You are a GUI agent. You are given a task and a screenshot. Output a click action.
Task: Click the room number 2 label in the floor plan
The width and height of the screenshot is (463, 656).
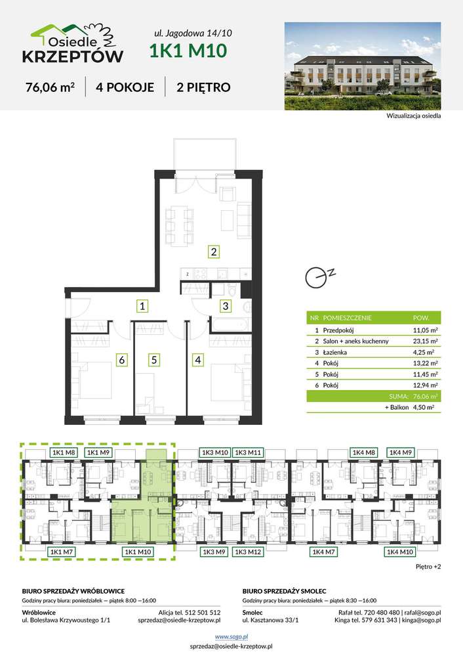click(x=214, y=252)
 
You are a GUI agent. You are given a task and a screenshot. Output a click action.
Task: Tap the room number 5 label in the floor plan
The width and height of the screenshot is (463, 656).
click(x=154, y=360)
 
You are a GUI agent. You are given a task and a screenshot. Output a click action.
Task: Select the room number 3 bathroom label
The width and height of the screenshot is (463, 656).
click(x=225, y=306)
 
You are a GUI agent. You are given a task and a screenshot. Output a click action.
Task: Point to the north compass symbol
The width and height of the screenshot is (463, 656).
click(x=319, y=277)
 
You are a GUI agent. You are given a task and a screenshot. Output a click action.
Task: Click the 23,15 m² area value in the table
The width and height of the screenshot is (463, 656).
click(x=425, y=341)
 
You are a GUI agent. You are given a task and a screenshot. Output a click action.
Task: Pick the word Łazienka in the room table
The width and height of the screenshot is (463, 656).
click(x=334, y=352)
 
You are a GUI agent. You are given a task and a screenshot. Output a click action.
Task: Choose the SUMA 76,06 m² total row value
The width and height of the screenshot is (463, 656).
click(x=425, y=396)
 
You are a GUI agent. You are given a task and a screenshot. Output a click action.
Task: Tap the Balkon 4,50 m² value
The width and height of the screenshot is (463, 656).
click(x=423, y=407)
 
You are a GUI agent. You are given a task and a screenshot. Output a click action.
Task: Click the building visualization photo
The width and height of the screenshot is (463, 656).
click(x=363, y=66)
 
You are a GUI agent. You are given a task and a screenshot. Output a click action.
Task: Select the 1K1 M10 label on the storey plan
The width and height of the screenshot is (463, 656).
click(x=138, y=552)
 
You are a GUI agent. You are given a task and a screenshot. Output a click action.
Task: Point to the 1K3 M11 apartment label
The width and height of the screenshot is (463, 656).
click(x=248, y=452)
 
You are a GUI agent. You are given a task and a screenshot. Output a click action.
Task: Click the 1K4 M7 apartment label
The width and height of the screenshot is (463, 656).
click(x=323, y=552)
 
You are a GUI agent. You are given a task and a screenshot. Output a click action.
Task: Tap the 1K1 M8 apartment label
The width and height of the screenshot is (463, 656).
click(x=64, y=452)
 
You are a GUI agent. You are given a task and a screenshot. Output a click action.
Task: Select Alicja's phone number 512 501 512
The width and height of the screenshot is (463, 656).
click(x=203, y=613)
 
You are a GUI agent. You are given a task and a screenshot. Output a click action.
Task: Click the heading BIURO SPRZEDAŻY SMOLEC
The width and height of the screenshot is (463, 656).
click(x=284, y=591)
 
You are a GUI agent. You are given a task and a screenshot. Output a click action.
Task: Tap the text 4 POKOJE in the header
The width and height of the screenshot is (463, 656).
click(x=125, y=87)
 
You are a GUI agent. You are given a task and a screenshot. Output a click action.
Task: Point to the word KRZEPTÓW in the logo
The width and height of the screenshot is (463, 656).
click(x=73, y=56)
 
